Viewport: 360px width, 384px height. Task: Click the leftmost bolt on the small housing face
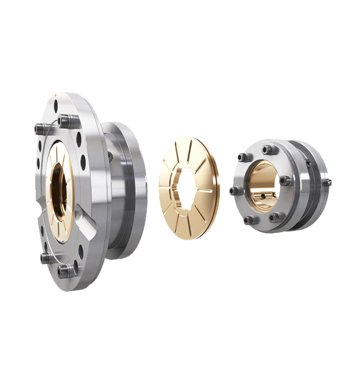234,191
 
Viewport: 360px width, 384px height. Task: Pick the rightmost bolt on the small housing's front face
284,181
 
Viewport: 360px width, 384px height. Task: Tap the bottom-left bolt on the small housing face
248,220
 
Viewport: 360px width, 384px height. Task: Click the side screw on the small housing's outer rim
328,183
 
